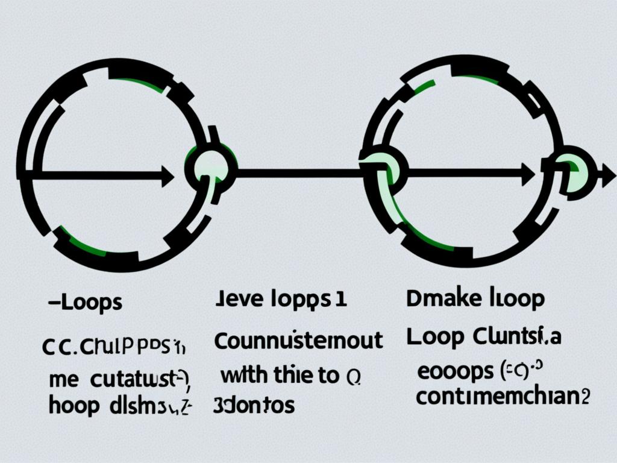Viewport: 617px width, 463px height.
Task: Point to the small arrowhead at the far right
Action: (602, 176)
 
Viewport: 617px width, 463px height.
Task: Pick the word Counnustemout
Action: (298, 341)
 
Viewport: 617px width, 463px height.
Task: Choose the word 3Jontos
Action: (254, 405)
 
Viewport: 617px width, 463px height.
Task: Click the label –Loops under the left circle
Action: (84, 303)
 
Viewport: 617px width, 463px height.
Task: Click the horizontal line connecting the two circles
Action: (298, 174)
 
